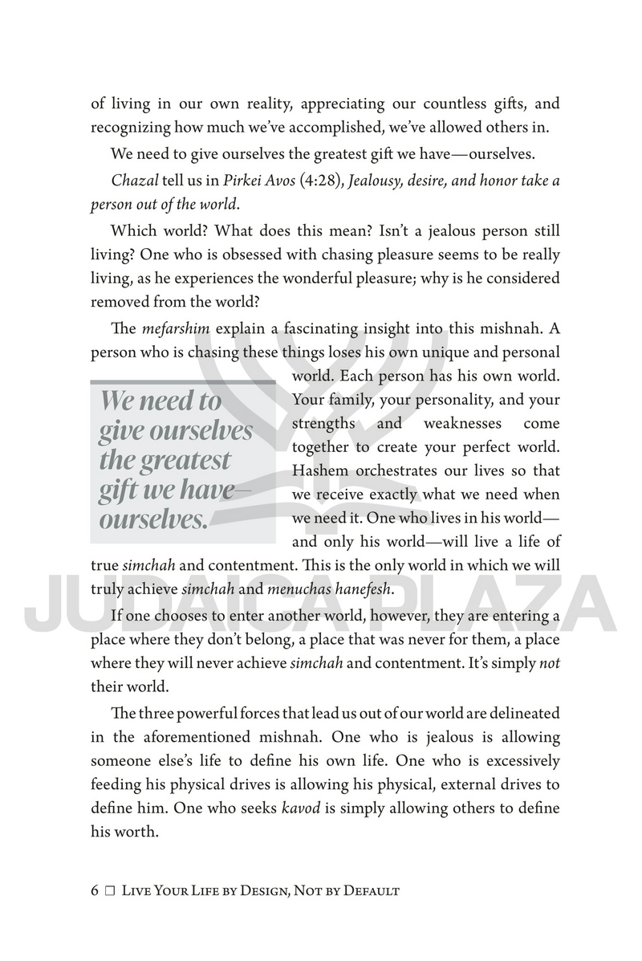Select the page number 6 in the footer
[95, 890]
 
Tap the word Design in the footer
[255, 890]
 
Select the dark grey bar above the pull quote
[182, 382]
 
